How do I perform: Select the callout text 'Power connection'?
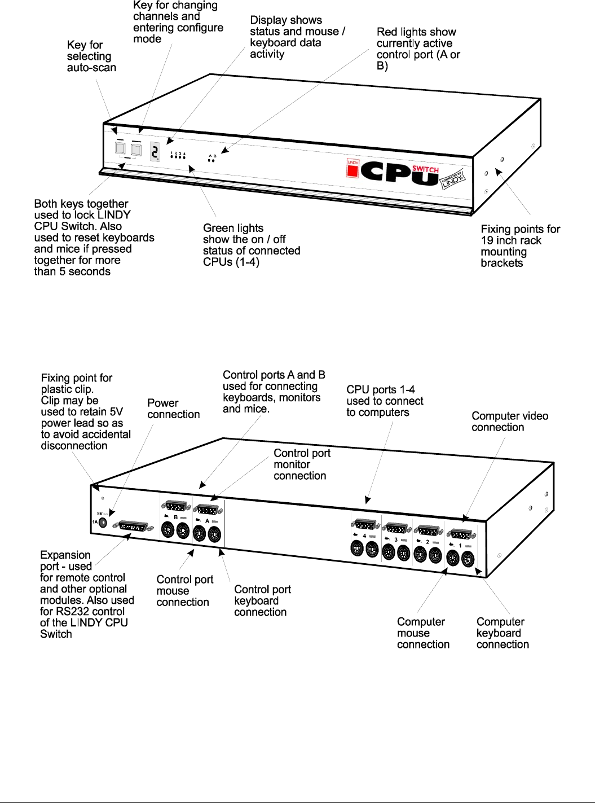click(x=173, y=409)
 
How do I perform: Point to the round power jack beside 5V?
click(x=103, y=522)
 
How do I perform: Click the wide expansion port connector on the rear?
click(x=133, y=527)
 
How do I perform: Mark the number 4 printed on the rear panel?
click(x=364, y=536)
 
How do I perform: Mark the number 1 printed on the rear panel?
click(x=460, y=546)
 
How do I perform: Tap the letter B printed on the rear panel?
click(x=175, y=517)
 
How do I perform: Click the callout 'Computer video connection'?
click(x=509, y=422)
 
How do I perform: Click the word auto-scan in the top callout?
click(x=91, y=68)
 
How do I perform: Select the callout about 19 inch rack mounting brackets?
click(x=519, y=246)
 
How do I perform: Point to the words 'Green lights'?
click(x=233, y=228)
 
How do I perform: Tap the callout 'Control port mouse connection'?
click(x=184, y=591)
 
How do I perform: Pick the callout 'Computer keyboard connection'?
click(x=502, y=633)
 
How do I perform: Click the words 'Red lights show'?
click(x=416, y=32)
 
